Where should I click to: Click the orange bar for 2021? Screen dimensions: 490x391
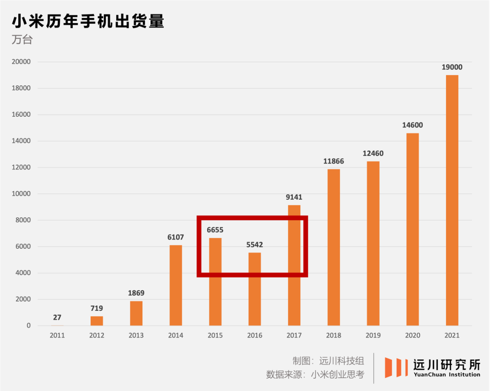pyautogui.click(x=452, y=200)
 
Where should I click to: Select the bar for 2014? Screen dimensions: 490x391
pyautogui.click(x=176, y=285)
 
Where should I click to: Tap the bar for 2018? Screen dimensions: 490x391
pyautogui.click(x=334, y=247)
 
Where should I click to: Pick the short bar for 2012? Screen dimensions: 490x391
pyautogui.click(x=97, y=321)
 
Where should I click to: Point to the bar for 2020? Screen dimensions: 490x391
pyautogui.click(x=412, y=229)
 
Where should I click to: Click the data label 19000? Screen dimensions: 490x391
pyautogui.click(x=452, y=67)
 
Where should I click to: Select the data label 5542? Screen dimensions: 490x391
pyautogui.click(x=255, y=245)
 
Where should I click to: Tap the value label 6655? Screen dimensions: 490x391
pyautogui.click(x=215, y=230)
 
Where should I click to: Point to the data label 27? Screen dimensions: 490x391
pyautogui.click(x=57, y=317)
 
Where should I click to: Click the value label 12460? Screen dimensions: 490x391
pyautogui.click(x=373, y=153)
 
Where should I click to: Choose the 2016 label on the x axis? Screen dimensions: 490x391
pyautogui.click(x=255, y=335)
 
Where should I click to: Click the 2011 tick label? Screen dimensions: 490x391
pyautogui.click(x=57, y=335)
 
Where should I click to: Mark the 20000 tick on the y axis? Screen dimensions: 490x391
pyautogui.click(x=21, y=62)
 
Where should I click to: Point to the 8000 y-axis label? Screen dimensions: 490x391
pyautogui.click(x=23, y=220)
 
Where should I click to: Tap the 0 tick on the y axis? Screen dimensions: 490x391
pyautogui.click(x=29, y=326)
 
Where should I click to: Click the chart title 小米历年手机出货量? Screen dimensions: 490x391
pyautogui.click(x=88, y=21)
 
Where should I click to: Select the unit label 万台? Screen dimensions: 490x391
pyautogui.click(x=22, y=40)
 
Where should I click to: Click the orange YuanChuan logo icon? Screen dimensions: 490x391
pyautogui.click(x=396, y=367)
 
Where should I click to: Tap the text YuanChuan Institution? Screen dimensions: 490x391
pyautogui.click(x=447, y=374)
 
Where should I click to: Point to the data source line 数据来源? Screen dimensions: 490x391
pyautogui.click(x=315, y=374)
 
